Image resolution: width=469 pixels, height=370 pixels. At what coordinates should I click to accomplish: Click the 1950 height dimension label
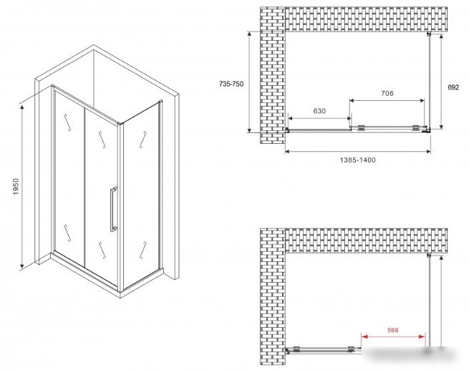click(x=16, y=187)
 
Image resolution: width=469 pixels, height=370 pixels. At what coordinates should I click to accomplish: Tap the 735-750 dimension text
click(x=231, y=84)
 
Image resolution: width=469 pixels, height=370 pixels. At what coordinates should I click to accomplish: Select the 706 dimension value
click(x=387, y=94)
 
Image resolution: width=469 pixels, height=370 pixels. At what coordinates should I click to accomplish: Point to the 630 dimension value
click(x=319, y=111)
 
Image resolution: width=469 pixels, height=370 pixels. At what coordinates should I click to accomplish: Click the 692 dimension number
click(x=453, y=87)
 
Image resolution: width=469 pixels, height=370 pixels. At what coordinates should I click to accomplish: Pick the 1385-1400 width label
click(x=358, y=160)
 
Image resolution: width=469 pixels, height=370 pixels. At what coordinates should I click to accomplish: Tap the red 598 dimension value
click(x=392, y=330)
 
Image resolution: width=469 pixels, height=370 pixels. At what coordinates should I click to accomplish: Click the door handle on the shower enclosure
click(x=113, y=209)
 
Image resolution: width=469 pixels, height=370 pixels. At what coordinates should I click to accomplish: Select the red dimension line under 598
click(x=393, y=337)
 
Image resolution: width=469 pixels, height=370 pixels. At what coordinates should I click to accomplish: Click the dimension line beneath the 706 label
click(x=387, y=101)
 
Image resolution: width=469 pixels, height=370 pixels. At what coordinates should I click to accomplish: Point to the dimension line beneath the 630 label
click(x=319, y=119)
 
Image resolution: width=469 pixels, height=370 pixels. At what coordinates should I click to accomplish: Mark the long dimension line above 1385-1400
click(x=358, y=152)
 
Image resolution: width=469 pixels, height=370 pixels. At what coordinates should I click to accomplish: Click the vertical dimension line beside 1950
click(x=21, y=187)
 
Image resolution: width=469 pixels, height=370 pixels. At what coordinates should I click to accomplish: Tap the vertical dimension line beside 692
click(x=441, y=82)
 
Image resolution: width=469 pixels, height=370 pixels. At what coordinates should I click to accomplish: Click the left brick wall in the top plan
click(x=273, y=75)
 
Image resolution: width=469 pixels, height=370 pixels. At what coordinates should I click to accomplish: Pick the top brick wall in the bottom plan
click(x=366, y=241)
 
